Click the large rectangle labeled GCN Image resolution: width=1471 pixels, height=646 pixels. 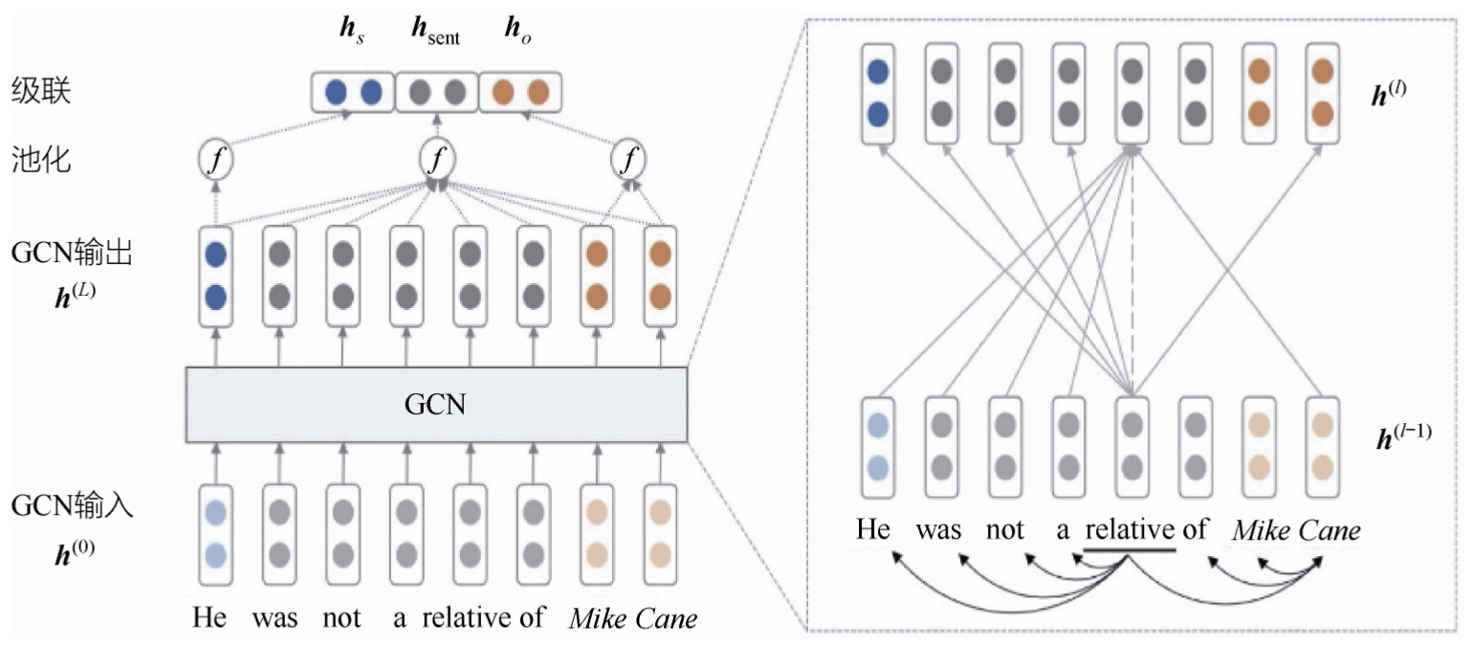coord(436,405)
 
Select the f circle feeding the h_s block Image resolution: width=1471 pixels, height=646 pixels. coord(215,160)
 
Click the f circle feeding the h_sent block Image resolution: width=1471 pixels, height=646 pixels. coord(437,160)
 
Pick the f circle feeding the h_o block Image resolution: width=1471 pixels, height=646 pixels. coord(628,160)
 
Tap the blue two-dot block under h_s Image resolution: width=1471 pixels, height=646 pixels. coord(353,92)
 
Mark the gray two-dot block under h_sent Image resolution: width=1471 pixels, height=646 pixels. coord(437,92)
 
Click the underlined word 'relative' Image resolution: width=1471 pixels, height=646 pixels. coord(1130,530)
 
